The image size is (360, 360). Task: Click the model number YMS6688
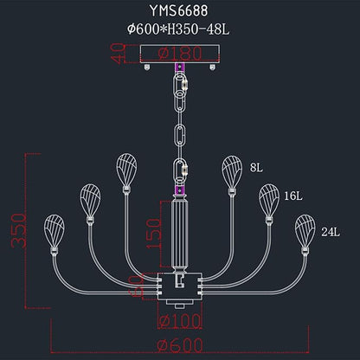click(178, 11)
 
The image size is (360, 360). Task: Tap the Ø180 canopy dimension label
click(180, 54)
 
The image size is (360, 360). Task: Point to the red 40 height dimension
click(118, 54)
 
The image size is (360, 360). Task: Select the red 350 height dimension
click(19, 231)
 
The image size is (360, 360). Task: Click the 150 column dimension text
click(154, 234)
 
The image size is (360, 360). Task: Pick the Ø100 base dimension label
click(180, 320)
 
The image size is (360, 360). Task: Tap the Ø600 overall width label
click(181, 345)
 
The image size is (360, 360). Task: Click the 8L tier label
click(256, 168)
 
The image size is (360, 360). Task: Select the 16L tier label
click(293, 196)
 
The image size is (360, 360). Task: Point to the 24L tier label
click(331, 232)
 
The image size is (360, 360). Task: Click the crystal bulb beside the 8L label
click(232, 172)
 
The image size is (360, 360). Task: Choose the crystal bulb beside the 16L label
click(269, 201)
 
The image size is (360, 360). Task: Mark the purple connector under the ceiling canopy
click(180, 67)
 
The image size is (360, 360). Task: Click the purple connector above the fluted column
click(180, 190)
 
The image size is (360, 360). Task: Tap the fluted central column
click(180, 234)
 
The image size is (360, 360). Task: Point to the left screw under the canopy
click(147, 67)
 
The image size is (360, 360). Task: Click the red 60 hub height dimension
click(138, 286)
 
